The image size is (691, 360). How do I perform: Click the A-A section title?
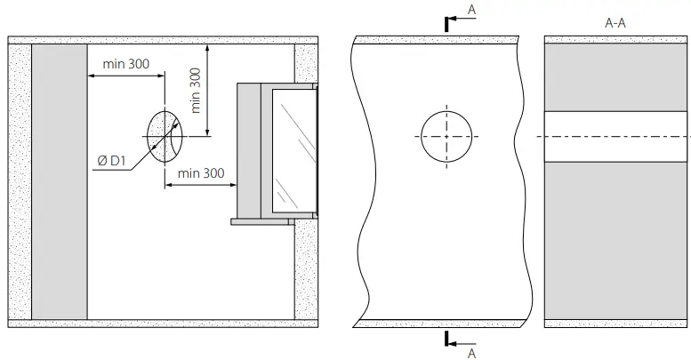point(615,23)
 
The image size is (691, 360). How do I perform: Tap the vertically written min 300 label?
point(196,90)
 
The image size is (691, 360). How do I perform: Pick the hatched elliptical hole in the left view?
point(164,137)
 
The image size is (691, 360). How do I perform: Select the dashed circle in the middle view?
point(446,137)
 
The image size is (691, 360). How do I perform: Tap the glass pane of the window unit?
point(294,151)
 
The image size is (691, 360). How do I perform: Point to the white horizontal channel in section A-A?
point(615,137)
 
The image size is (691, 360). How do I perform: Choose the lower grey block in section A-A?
point(615,240)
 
